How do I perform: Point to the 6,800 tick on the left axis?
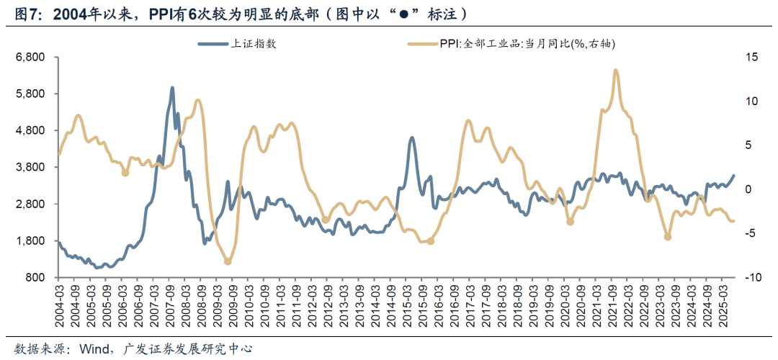pyautogui.click(x=30, y=57)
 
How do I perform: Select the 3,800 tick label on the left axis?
pyautogui.click(x=30, y=167)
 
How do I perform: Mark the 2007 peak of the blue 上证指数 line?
pyautogui.click(x=172, y=88)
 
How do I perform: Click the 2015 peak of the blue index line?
pyautogui.click(x=411, y=138)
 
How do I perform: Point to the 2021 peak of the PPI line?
pyautogui.click(x=615, y=70)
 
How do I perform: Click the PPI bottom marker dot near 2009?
pyautogui.click(x=228, y=261)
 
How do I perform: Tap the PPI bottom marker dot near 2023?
pyautogui.click(x=668, y=237)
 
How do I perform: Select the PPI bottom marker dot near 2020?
pyautogui.click(x=571, y=222)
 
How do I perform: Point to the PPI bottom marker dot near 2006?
pyautogui.click(x=125, y=173)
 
